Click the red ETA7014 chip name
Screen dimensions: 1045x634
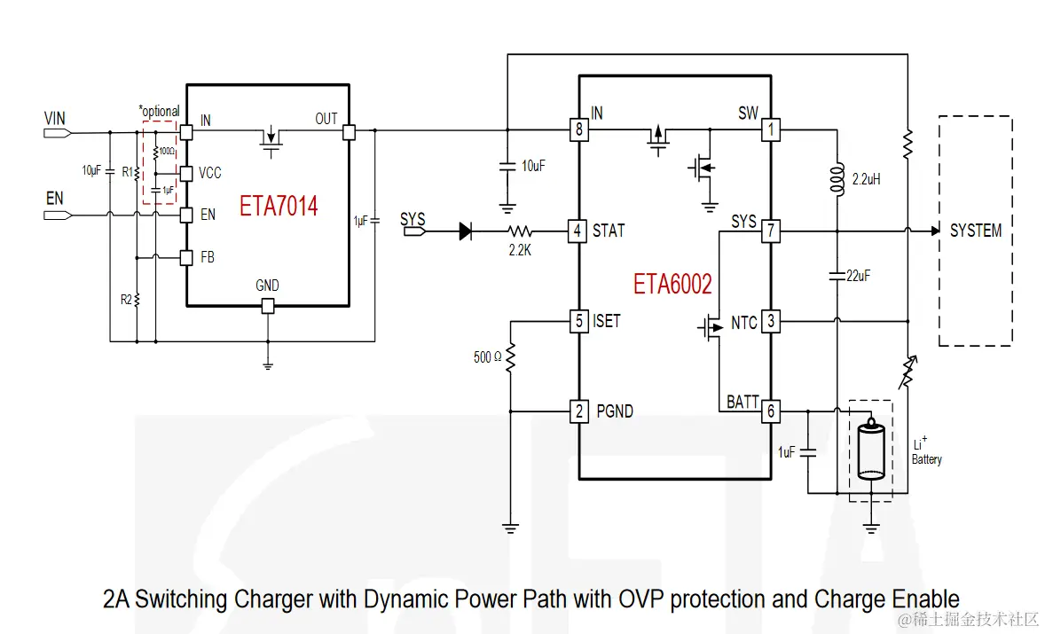pos(279,206)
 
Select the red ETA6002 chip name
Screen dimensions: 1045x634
pos(672,284)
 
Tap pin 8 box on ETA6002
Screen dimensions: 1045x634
pos(578,129)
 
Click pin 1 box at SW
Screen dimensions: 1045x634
pos(771,129)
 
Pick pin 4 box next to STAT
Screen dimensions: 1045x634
pos(577,231)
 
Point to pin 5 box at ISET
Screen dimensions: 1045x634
pos(578,321)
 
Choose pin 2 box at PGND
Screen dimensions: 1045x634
pos(578,411)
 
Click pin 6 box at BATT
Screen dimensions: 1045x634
pos(771,411)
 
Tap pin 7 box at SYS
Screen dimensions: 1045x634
pos(771,231)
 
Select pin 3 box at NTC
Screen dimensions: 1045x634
pos(771,321)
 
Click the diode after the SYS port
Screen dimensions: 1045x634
pos(466,231)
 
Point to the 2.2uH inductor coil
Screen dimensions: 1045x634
pos(837,178)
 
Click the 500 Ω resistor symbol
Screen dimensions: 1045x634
pos(510,357)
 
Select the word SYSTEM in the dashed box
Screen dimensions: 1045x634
pos(976,231)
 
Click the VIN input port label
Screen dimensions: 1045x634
pos(55,118)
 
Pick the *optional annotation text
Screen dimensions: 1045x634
pos(160,111)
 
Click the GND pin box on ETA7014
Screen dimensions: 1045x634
pos(267,306)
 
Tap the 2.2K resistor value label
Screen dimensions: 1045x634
pos(520,250)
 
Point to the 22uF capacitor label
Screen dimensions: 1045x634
pos(859,276)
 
